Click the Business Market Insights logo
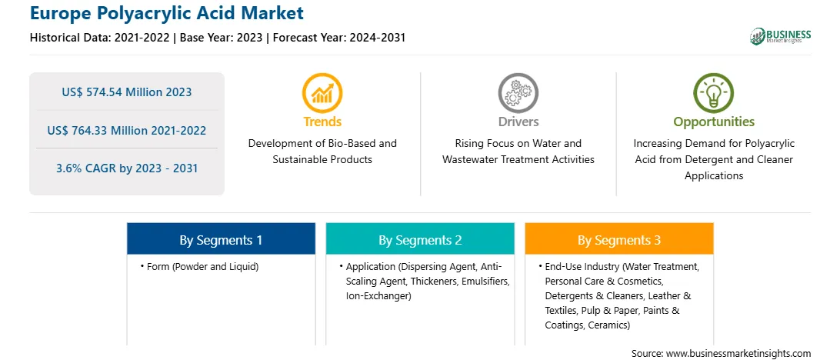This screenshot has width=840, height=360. tap(780, 36)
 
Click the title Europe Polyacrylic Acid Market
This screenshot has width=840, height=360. tap(167, 13)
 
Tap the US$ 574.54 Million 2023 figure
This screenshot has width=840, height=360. tap(126, 92)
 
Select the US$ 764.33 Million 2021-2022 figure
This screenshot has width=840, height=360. tap(126, 130)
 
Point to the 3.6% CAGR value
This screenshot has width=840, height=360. tap(126, 168)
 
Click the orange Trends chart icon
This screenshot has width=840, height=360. tap(322, 92)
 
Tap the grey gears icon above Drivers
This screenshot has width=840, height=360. tap(518, 92)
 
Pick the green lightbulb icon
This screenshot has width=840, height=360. tap(714, 92)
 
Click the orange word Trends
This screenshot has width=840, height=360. tap(322, 122)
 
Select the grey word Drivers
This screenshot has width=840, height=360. tap(518, 122)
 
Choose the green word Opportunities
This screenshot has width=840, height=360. tap(714, 122)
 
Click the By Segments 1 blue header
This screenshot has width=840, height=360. tap(222, 238)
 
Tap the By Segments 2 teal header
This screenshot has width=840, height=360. tap(420, 238)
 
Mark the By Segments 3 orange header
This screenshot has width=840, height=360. tap(619, 238)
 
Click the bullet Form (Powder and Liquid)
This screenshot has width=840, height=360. tap(199, 267)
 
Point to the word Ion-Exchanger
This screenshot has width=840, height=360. tap(378, 295)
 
